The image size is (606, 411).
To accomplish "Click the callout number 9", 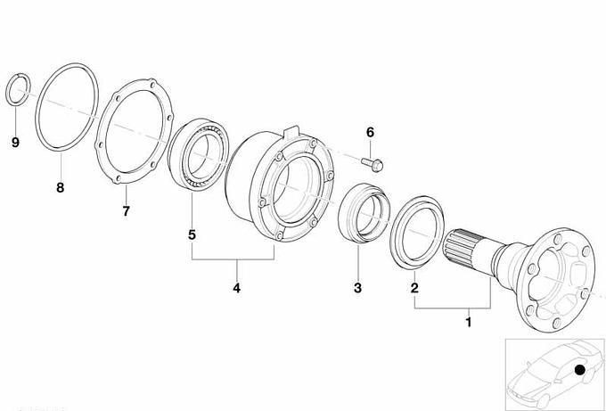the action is (15, 143).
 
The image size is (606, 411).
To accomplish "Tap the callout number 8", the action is (60, 188).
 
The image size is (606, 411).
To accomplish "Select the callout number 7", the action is (126, 211).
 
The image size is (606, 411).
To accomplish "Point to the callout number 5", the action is (192, 234).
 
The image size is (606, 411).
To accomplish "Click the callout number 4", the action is (236, 288).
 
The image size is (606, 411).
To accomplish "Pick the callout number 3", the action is (357, 288).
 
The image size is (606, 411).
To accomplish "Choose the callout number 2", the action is (414, 288).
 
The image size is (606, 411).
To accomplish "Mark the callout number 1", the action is (469, 322).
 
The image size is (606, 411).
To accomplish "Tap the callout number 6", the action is (370, 133).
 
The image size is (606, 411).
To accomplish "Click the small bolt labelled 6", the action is (373, 164).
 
